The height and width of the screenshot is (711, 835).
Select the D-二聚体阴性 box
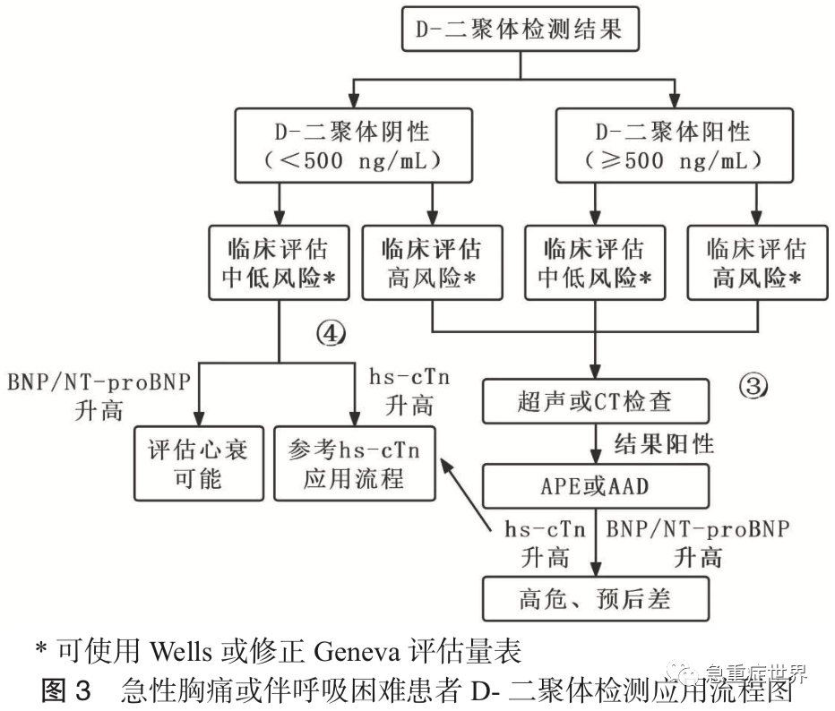point(353,146)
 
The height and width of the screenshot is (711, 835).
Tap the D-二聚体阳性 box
point(674,146)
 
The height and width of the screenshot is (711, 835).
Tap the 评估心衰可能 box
point(198,463)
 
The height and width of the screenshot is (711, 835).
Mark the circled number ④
point(329,335)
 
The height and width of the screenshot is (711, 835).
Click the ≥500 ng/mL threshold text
point(674,161)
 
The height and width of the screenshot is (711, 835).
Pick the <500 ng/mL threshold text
point(353,161)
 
